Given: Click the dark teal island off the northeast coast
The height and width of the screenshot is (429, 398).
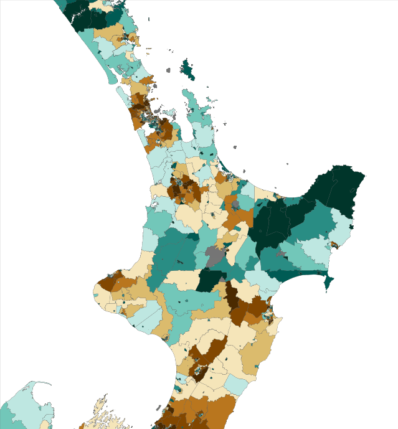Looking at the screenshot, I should (187, 69).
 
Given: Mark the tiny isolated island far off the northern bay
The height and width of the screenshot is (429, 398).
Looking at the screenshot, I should (288, 164).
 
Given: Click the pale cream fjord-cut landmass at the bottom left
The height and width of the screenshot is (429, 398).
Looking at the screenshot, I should (100, 414).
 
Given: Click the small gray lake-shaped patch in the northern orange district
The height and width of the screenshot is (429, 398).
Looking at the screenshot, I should (236, 205).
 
